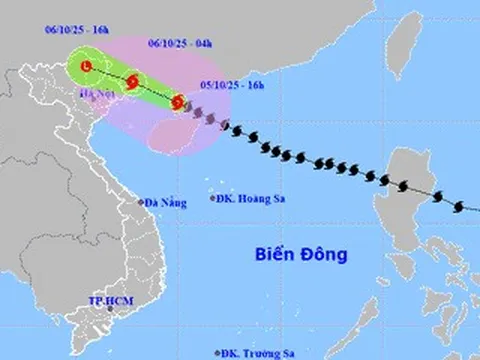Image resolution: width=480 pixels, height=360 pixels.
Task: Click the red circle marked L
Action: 87,66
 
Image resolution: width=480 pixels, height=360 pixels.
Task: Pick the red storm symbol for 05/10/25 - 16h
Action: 177,102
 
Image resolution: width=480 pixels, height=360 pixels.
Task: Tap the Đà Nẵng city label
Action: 166,203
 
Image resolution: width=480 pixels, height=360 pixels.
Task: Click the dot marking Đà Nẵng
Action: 142,202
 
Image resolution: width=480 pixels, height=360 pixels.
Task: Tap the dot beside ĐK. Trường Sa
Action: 218,353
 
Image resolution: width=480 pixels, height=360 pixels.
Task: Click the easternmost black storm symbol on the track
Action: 458,207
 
